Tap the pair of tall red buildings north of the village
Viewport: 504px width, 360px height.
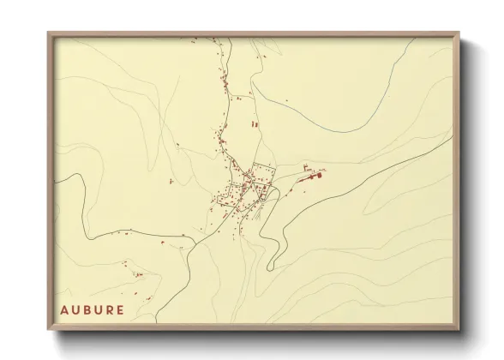(x=254, y=124)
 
